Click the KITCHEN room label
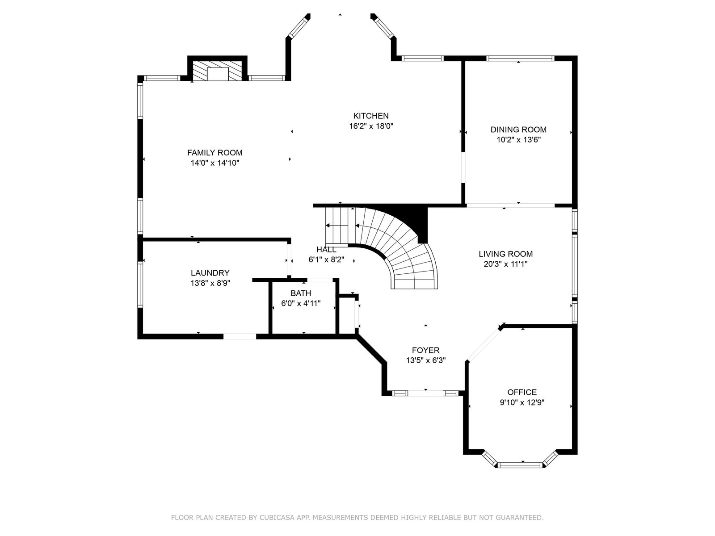point(371,116)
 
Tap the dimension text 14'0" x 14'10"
point(215,163)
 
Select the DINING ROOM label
point(518,130)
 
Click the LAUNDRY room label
point(210,273)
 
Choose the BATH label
point(301,293)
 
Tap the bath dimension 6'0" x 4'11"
point(301,304)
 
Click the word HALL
point(326,250)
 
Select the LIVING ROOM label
point(506,254)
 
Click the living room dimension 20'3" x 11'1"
point(506,264)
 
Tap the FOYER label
point(426,350)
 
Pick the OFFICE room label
point(522,392)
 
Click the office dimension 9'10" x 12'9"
point(522,402)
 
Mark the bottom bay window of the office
point(521,465)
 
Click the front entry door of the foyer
point(426,393)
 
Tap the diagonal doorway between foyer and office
point(484,345)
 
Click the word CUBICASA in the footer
point(276,517)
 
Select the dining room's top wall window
point(521,59)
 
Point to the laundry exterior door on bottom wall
point(240,336)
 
